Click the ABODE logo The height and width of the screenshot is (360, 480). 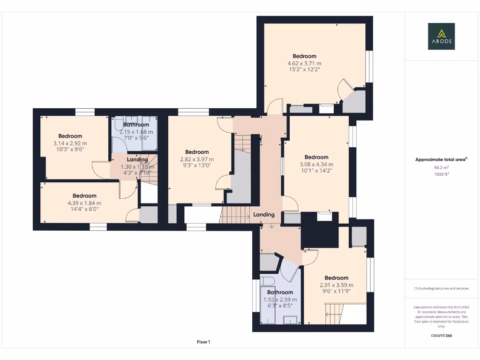point(441,36)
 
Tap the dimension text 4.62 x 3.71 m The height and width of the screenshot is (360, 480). point(304,63)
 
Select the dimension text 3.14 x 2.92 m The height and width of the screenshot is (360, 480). point(70,143)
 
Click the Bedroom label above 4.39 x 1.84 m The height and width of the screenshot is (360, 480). point(84,196)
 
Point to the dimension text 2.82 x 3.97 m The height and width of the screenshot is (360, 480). point(197,159)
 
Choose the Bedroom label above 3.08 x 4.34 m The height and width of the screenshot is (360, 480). point(316,157)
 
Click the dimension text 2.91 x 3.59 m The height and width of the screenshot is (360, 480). point(336,285)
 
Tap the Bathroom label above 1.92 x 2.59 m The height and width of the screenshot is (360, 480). point(280,292)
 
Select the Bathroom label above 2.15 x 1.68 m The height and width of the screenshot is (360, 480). point(136,125)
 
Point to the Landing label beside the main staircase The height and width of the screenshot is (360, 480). point(264,215)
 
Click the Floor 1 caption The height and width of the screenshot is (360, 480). point(203,342)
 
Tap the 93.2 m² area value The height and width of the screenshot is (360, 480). point(441,167)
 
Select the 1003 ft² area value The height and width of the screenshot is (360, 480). point(441,173)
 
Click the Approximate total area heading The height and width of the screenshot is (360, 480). point(441,160)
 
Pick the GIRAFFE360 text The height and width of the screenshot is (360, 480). point(441,336)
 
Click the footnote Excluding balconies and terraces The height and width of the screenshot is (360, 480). point(441,288)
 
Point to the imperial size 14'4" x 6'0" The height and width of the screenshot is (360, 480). point(84,210)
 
